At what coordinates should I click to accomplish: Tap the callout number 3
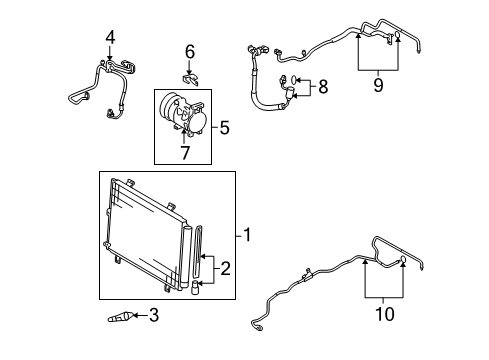pos(153,317)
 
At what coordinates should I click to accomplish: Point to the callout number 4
pos(109,38)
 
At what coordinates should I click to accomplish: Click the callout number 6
pos(189,51)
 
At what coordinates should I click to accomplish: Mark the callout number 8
pos(322,87)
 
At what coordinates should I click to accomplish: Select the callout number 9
pos(377,87)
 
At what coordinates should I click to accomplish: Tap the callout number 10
pos(383,313)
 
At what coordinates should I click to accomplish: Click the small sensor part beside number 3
pos(121,318)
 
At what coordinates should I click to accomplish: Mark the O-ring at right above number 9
pos(398,40)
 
